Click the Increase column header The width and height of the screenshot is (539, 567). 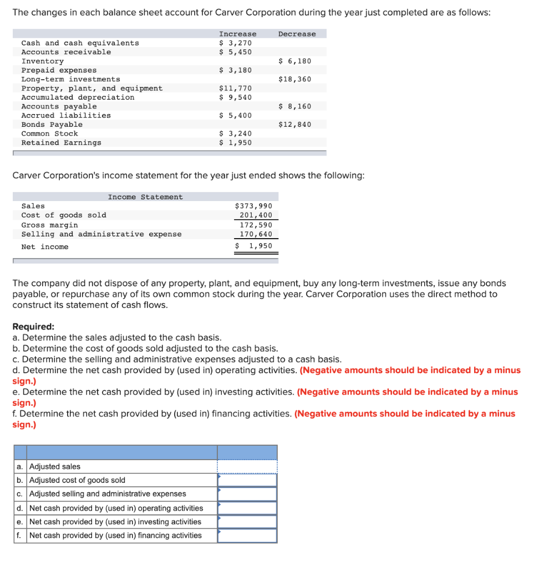pos(237,34)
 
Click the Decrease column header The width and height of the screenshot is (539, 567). pos(297,34)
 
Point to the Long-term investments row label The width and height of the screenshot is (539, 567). pos(70,79)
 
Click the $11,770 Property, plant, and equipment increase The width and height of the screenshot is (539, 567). pos(236,88)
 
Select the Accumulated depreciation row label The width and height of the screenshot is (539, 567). pos(78,97)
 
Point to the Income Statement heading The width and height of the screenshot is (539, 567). pos(145,197)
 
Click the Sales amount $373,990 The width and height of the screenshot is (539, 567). pos(254,206)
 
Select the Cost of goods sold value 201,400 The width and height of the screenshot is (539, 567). pos(256,215)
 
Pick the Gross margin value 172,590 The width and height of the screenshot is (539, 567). pos(256,225)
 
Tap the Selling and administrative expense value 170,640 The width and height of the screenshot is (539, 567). pos(256,234)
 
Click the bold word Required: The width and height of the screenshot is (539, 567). pos(33,327)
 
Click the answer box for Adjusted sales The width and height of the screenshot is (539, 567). pos(247,466)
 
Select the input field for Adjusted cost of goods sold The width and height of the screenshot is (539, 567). pos(247,480)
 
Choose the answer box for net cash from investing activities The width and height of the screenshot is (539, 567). pos(247,522)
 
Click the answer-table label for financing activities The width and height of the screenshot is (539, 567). pos(115,535)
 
